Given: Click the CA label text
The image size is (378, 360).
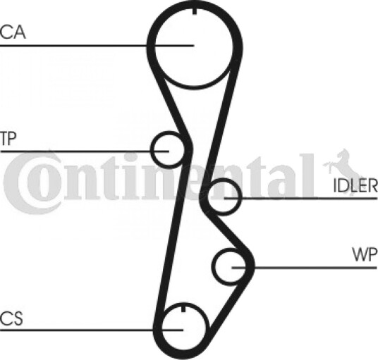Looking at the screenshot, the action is tap(13, 32).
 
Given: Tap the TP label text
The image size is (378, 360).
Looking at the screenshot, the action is tap(8, 139).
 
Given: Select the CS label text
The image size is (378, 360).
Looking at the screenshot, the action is tap(11, 318).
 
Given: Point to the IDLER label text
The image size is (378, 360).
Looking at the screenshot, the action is tap(355, 186).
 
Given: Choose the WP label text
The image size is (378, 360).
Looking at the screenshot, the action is tap(365, 254).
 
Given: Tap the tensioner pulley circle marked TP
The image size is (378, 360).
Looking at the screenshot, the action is tap(152, 149).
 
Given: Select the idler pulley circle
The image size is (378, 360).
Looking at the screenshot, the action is tap(240, 197).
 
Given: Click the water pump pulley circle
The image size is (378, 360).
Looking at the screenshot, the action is tap(213, 267).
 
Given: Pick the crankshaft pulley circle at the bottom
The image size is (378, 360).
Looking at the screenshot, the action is tap(206, 328).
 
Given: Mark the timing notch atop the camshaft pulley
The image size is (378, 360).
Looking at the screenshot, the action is tap(195, 11).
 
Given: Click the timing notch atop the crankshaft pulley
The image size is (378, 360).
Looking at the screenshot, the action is tap(183, 309).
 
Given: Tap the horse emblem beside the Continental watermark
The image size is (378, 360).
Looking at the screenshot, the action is tap(341, 168).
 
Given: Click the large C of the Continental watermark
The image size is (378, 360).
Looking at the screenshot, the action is tap(15, 183).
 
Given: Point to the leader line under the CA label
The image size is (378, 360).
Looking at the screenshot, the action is tap(97, 45).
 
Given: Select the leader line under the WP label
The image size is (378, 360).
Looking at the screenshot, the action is tap(304, 267).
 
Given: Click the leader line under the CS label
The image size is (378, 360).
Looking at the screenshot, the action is tap(92, 330).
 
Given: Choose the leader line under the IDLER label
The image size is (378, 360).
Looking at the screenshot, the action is tap(301, 198).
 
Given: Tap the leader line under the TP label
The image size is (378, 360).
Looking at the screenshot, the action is tap(85, 151).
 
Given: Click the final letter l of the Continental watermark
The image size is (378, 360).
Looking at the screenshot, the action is tap(306, 176).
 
